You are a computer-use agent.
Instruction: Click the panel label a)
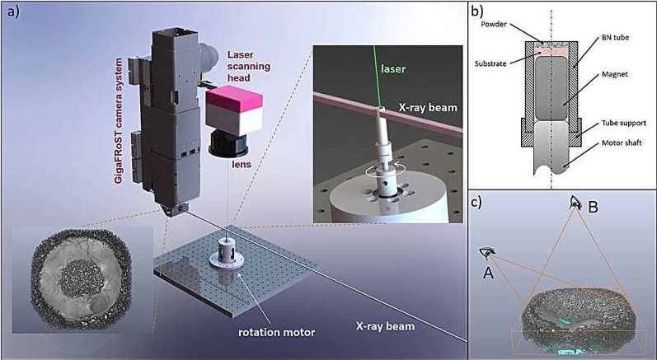[13, 12]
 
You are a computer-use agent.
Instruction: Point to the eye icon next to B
[575, 201]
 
